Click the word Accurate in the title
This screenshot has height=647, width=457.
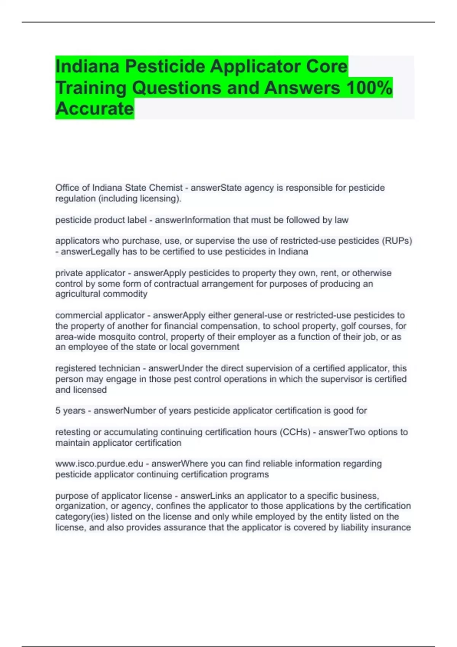click(94, 108)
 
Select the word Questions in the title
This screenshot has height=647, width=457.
click(177, 88)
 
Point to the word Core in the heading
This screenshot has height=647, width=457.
click(327, 66)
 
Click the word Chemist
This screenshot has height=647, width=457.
click(166, 188)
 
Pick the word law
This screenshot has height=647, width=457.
click(342, 220)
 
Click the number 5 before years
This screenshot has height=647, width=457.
click(58, 411)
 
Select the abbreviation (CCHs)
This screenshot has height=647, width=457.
click(295, 432)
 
